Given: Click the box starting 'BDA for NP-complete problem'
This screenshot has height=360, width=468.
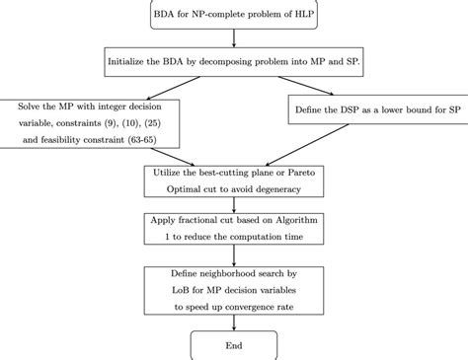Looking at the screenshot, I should pyautogui.click(x=233, y=17).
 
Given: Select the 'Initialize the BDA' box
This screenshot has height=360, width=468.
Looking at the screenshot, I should pyautogui.click(x=233, y=62).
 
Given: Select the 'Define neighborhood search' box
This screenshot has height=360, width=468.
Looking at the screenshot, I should pyautogui.click(x=233, y=289).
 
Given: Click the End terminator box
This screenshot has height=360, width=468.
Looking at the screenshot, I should pyautogui.click(x=233, y=345).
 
